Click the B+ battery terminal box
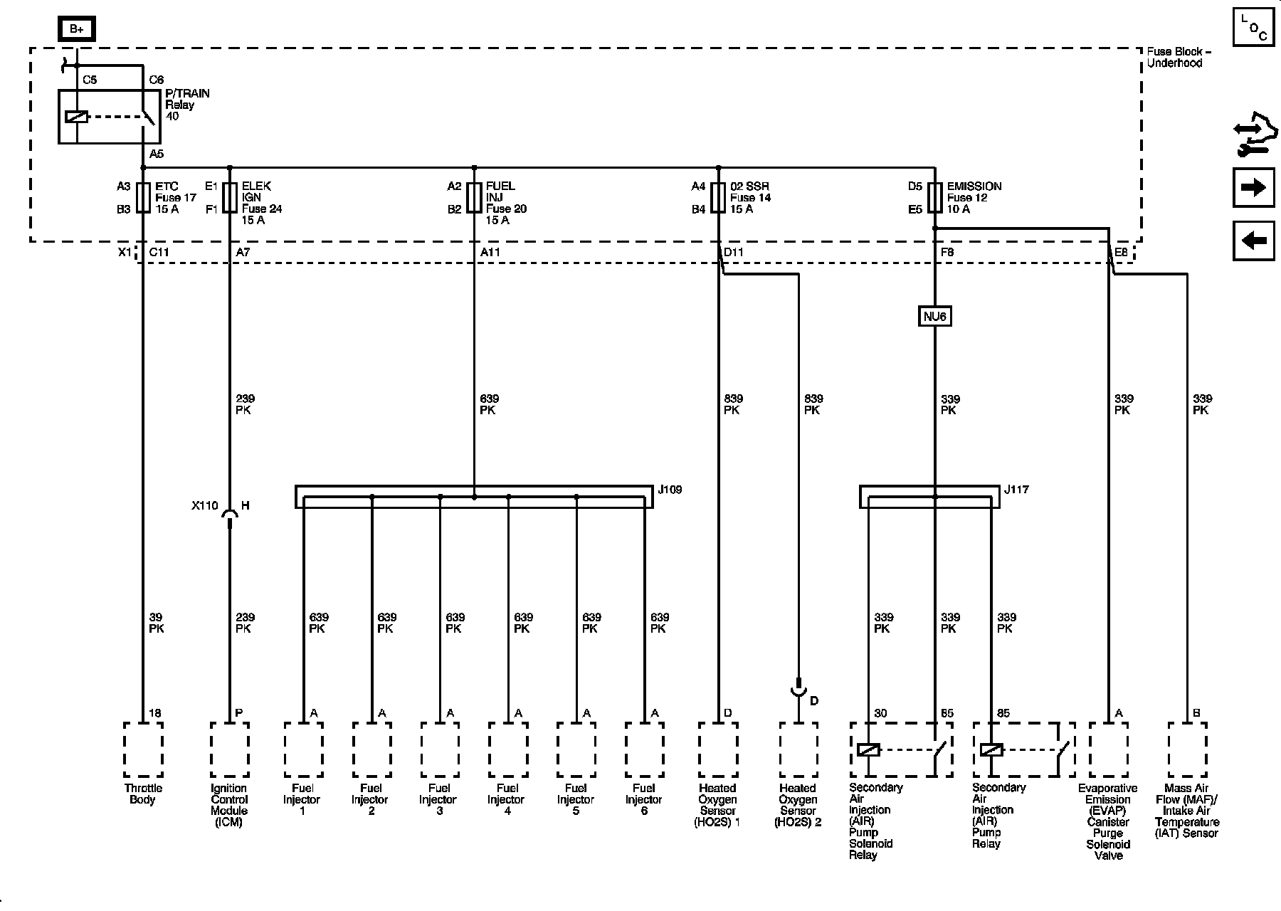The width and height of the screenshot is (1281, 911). (76, 29)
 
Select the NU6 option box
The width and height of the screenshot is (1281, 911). (934, 316)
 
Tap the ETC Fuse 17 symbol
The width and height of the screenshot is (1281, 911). (143, 198)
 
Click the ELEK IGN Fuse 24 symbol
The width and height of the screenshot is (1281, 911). (229, 198)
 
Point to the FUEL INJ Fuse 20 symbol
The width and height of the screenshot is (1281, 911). (474, 198)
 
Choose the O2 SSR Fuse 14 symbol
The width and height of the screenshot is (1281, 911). (718, 198)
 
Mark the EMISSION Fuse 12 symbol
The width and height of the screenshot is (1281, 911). (934, 198)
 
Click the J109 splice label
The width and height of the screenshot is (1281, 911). (670, 490)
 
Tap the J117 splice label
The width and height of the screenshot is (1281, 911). (1016, 490)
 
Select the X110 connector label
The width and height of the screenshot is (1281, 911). (204, 506)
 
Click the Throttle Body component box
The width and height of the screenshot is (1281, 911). (143, 750)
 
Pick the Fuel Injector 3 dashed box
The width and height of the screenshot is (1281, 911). (440, 750)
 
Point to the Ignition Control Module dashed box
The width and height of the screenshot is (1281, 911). (229, 750)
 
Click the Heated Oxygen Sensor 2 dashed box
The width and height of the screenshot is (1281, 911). (798, 750)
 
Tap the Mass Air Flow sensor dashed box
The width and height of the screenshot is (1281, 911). (1187, 750)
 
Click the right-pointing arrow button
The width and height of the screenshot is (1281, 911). (1253, 188)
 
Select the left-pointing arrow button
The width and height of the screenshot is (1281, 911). (1253, 241)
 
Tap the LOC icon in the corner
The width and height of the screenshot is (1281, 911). (1253, 29)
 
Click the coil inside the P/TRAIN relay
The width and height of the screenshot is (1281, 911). (76, 117)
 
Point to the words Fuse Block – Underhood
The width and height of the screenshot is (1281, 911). (1178, 57)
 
